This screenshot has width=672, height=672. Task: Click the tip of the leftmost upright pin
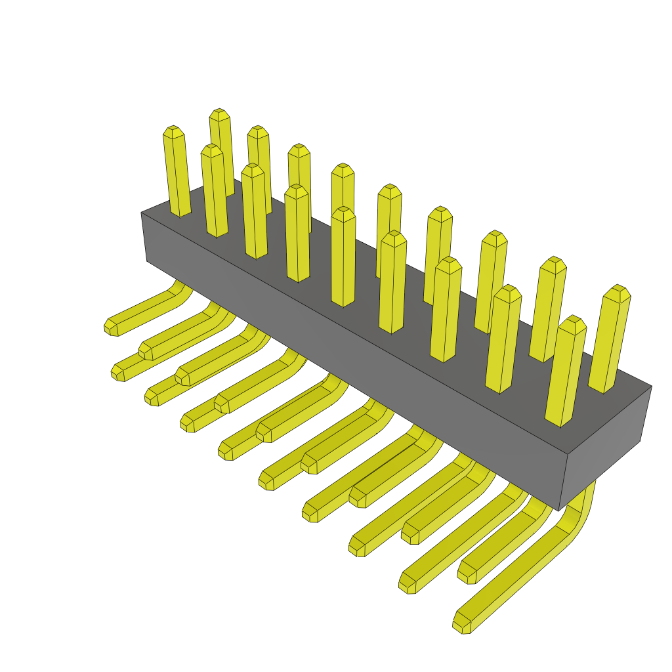pos(173,130)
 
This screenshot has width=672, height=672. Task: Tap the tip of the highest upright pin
pos(219,113)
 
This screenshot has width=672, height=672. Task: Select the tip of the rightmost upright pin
pos(618,289)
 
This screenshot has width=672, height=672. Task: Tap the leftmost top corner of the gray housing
pos(141,213)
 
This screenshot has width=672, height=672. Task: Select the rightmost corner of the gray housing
pos(651,387)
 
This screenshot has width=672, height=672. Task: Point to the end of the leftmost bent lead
pos(110,327)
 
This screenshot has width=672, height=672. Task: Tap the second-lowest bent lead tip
pos(407,585)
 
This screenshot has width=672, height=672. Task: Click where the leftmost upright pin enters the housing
pos(180,211)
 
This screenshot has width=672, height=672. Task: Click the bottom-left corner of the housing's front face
pos(146,261)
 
